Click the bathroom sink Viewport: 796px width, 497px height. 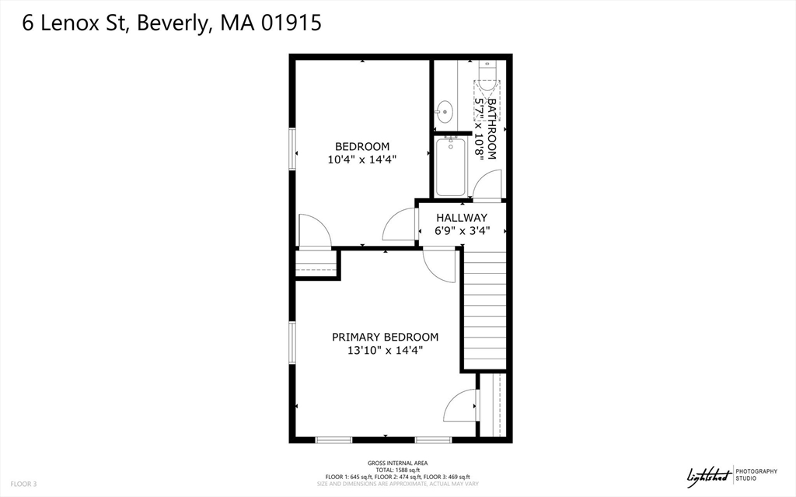pos(445,112)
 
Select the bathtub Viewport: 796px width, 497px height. pos(450,166)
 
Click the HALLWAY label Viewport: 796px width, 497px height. pos(462,218)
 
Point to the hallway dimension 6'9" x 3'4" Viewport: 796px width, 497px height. pos(462,231)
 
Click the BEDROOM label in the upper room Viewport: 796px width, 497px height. pos(362,147)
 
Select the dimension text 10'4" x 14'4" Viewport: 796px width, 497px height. pos(362,159)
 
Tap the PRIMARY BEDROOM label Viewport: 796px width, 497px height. pos(386,337)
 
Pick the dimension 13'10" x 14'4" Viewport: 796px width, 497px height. pos(386,350)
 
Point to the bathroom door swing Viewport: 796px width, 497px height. pos(487,184)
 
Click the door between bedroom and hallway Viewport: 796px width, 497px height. pos(400,225)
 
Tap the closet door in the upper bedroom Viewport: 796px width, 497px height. pos(315,232)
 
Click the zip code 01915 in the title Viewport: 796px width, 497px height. pos(292,23)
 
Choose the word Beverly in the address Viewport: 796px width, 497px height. pos(173,23)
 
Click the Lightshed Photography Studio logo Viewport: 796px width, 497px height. pos(731,476)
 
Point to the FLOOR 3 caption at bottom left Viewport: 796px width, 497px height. pos(23,485)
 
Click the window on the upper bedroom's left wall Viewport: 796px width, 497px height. pos(292,149)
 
